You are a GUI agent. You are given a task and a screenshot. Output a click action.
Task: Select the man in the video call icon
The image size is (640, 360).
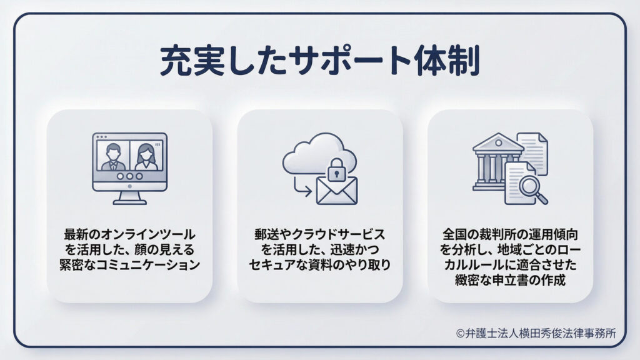coord(113,156)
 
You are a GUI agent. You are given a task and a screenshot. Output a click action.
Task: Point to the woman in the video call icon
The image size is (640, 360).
coord(145,156)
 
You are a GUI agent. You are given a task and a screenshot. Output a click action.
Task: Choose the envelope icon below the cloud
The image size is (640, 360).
coord(336,190)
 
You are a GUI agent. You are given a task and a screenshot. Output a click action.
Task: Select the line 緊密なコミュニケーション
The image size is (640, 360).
coord(129,264)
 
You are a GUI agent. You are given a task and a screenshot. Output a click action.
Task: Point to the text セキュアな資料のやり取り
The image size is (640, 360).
coord(319,264)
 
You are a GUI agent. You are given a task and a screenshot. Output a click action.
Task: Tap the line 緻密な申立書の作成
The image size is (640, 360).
coord(509,280)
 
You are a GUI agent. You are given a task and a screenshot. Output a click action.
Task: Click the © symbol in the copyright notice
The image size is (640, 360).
coord(461,334)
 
